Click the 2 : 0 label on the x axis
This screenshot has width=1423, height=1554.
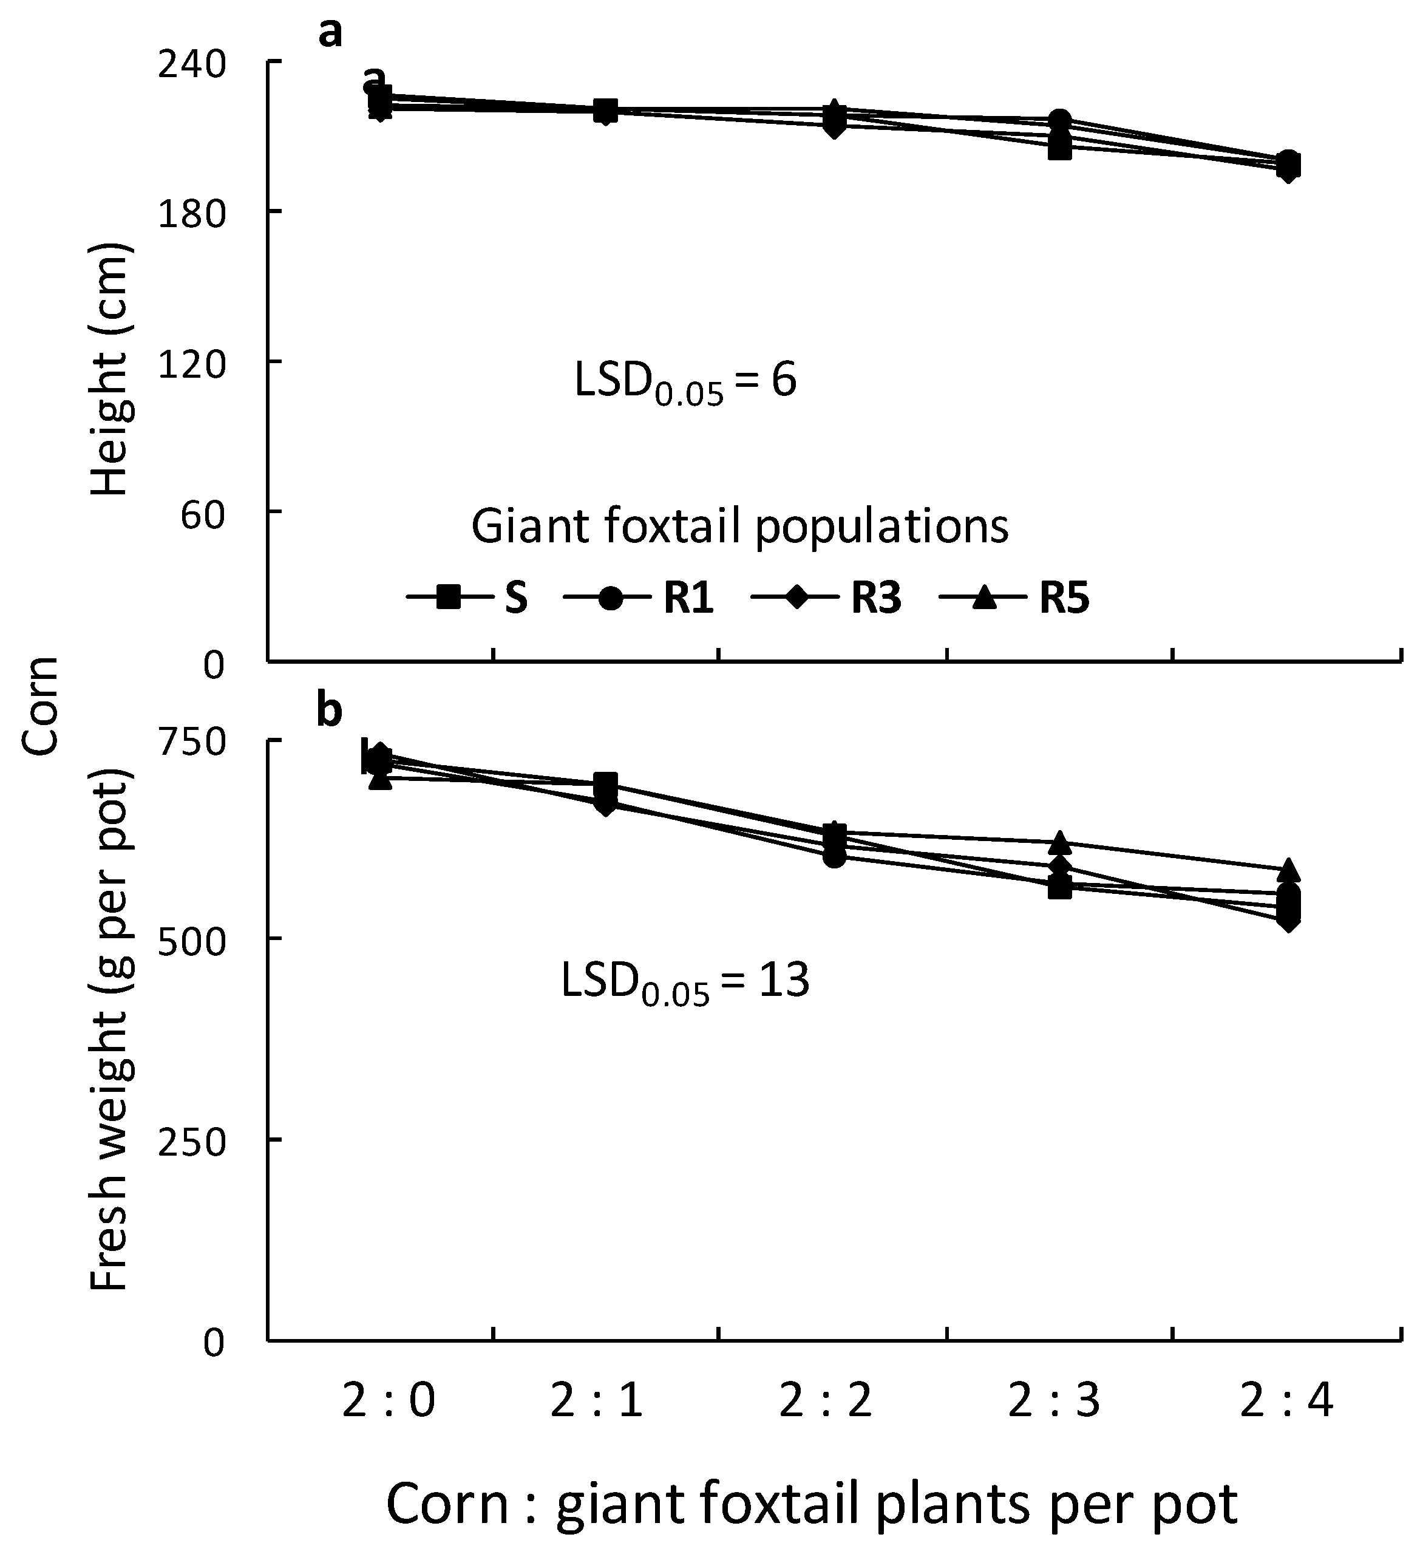tap(389, 1400)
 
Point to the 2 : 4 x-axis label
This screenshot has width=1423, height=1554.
tap(1286, 1400)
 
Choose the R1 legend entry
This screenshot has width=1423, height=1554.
tap(639, 598)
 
